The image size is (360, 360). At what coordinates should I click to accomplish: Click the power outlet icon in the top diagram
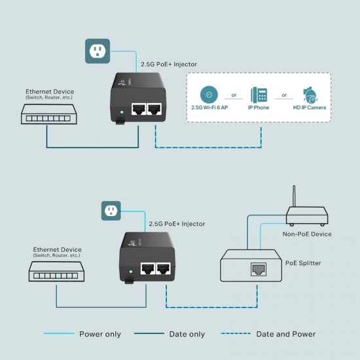(97, 50)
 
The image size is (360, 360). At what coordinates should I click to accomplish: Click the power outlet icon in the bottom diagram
(111, 211)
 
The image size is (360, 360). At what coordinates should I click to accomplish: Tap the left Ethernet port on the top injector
(138, 109)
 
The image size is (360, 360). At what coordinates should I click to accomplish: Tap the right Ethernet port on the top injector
(155, 109)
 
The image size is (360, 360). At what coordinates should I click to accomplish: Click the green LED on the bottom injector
(132, 270)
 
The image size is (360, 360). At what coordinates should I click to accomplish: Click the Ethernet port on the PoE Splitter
(257, 268)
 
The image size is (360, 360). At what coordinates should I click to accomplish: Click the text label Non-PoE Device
(307, 234)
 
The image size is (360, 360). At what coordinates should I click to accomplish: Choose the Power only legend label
(100, 334)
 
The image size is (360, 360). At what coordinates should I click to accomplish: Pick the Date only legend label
(188, 334)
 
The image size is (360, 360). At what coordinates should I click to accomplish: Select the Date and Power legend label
(286, 334)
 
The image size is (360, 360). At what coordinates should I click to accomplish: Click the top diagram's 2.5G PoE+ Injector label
(169, 64)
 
